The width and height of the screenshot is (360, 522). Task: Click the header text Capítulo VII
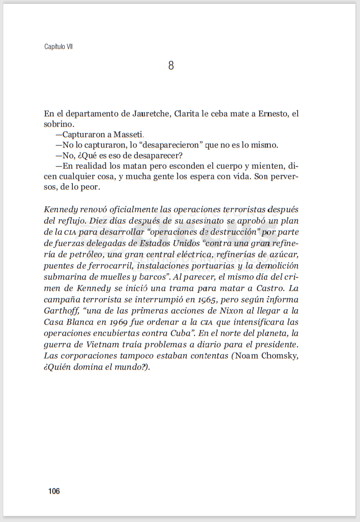click(58, 47)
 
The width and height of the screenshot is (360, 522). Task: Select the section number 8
click(171, 66)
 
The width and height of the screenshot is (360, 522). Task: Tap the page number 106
click(54, 491)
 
